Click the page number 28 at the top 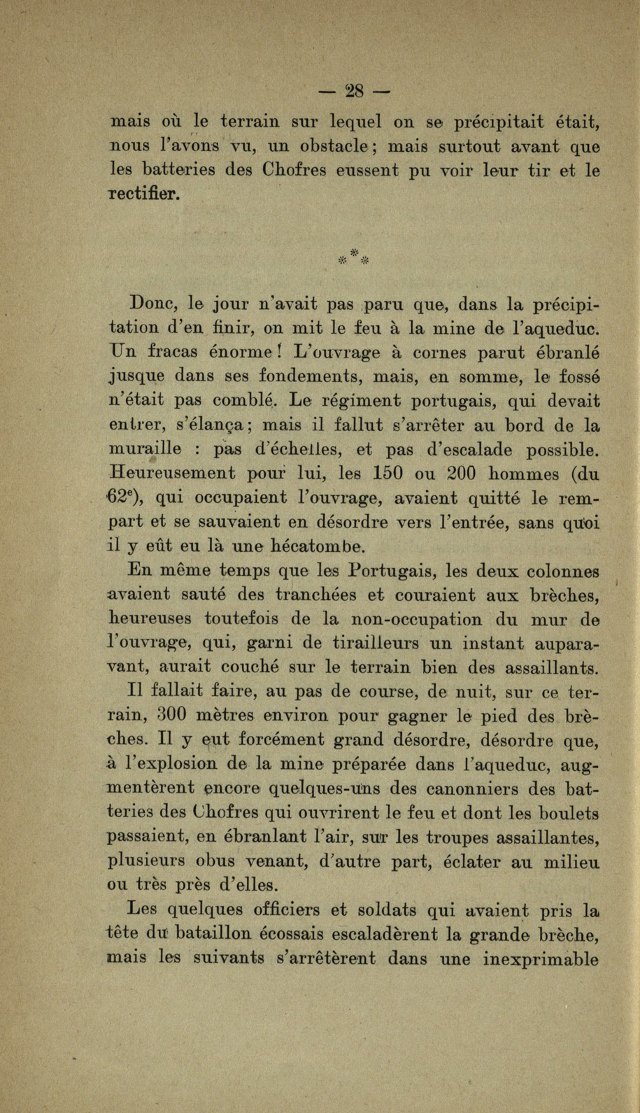355,91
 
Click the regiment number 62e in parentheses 125,497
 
